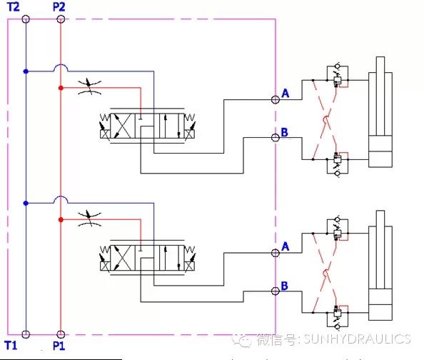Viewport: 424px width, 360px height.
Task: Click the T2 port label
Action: [x=14, y=6]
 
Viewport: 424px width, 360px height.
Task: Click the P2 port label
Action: [x=59, y=6]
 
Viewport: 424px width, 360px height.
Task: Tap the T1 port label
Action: [x=11, y=346]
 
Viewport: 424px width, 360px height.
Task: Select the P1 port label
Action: [x=59, y=346]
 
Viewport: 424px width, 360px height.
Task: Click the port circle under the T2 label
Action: [x=26, y=19]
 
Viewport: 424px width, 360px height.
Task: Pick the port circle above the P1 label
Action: [x=61, y=334]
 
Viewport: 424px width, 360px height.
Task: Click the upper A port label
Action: [x=285, y=94]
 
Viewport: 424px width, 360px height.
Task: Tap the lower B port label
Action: [x=285, y=286]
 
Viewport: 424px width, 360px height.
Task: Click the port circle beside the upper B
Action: [x=276, y=138]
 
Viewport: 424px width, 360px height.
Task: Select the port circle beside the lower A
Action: [x=276, y=253]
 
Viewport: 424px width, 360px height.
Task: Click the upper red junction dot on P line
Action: [x=61, y=88]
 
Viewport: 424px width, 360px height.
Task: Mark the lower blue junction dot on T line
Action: [x=26, y=203]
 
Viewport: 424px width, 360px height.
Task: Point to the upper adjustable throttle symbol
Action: [x=89, y=87]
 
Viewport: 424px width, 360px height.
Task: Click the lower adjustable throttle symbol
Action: [x=89, y=219]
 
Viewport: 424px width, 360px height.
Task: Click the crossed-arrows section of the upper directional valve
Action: [x=123, y=126]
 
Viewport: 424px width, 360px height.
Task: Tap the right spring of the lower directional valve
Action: [x=189, y=249]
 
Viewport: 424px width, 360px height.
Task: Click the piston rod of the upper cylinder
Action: [x=380, y=96]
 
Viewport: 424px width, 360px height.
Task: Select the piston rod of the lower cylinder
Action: [x=380, y=249]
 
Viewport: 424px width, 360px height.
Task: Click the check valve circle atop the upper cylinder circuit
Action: [x=338, y=66]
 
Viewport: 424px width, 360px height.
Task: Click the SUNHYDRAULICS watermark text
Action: [x=357, y=339]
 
